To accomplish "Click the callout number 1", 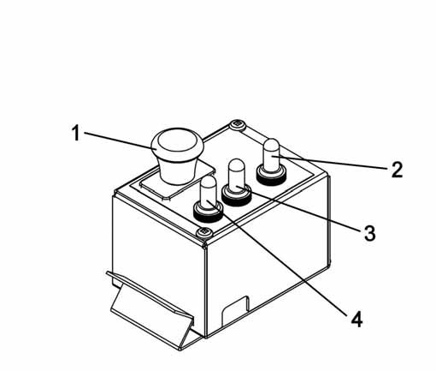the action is [x=75, y=133].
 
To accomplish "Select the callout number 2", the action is [x=398, y=170].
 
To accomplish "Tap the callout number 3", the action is [x=370, y=233].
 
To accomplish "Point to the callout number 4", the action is [x=356, y=319].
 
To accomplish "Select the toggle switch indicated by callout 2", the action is [x=271, y=162].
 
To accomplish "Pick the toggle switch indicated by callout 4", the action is [x=209, y=199].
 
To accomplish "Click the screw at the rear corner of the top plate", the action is [x=238, y=125].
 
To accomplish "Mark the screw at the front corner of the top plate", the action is [x=204, y=231].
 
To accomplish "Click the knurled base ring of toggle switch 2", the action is [x=271, y=177].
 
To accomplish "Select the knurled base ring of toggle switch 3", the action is [x=237, y=196].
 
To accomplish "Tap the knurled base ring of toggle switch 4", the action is [x=209, y=213].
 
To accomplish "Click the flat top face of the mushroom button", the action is [x=177, y=141].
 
